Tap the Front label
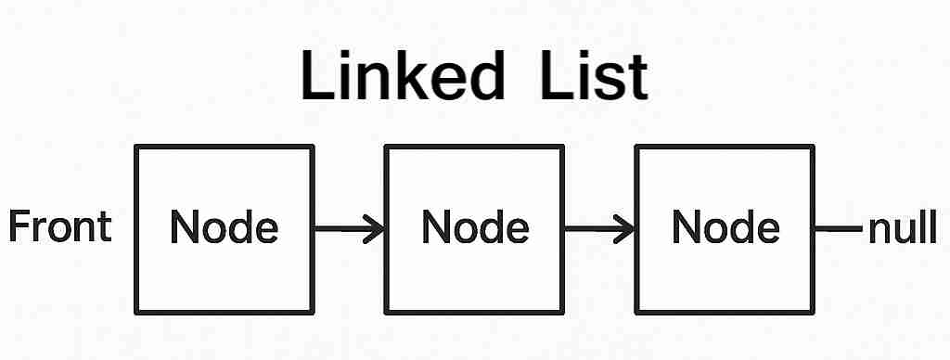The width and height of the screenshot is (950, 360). [x=60, y=227]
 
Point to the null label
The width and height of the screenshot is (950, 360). [x=902, y=227]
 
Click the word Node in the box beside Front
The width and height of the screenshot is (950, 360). [x=225, y=227]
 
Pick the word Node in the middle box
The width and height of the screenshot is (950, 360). [x=475, y=227]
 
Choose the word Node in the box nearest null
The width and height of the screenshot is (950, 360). [x=725, y=227]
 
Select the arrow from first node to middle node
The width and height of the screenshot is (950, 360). [x=350, y=228]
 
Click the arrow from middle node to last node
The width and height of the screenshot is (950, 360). [x=599, y=228]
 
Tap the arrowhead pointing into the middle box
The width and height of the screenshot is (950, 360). [x=376, y=228]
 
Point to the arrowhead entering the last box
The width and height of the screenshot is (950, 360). [x=626, y=228]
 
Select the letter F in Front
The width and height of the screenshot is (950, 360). [x=18, y=227]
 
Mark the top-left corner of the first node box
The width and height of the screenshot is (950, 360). [x=137, y=148]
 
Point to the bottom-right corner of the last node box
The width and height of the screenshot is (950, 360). [x=813, y=311]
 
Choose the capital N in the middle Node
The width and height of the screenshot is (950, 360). [x=435, y=227]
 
